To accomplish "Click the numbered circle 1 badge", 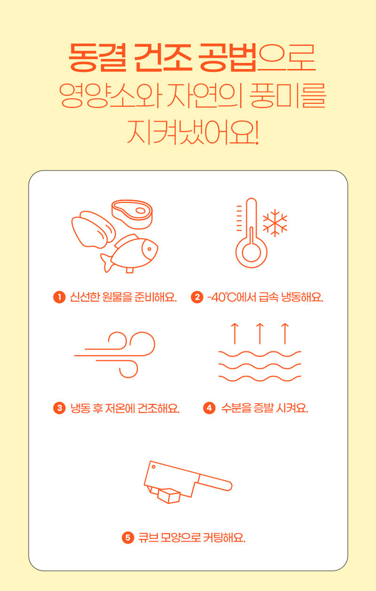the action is [59, 297].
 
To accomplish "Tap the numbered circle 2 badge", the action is [197, 297].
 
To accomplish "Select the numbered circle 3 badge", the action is [59, 408].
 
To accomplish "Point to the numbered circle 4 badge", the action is [209, 408].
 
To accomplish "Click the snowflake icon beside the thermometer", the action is [275, 223].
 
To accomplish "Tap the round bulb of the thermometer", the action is [251, 252].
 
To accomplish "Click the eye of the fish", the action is [149, 249].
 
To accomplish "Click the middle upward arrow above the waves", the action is [260, 334].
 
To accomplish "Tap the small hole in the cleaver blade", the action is [153, 467].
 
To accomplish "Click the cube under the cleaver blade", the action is [169, 496].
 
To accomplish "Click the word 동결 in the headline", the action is [97, 58].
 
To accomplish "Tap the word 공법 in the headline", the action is [227, 58].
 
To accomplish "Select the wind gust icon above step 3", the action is [115, 355].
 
